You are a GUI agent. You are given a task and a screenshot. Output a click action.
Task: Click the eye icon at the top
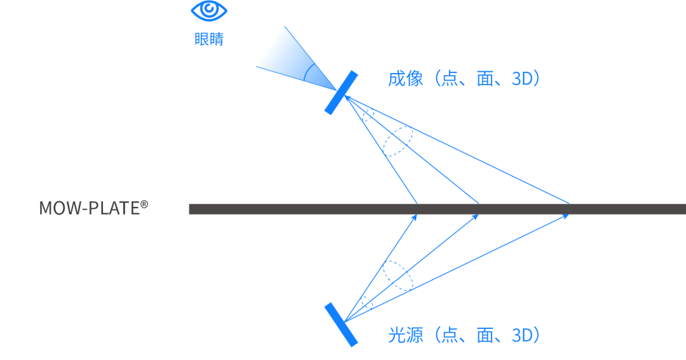(209, 11)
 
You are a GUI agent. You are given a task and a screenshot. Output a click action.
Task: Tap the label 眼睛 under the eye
(209, 39)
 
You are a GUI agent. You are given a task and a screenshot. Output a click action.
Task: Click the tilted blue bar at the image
(340, 93)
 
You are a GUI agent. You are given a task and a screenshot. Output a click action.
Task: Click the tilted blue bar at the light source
(340, 324)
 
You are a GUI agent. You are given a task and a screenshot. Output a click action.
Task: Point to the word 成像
(405, 79)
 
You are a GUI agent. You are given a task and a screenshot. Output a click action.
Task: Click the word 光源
(405, 335)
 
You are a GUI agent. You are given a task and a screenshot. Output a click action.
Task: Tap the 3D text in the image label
(525, 79)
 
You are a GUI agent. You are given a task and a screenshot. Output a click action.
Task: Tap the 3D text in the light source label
(525, 335)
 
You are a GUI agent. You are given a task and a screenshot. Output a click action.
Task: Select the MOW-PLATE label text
(89, 208)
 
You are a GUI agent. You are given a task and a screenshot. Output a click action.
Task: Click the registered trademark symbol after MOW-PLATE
(144, 204)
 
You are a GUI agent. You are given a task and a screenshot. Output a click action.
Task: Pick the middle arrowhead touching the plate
(476, 217)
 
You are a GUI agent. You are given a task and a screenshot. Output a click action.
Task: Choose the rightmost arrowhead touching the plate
(566, 216)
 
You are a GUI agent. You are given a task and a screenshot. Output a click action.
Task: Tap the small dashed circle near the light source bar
(366, 302)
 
